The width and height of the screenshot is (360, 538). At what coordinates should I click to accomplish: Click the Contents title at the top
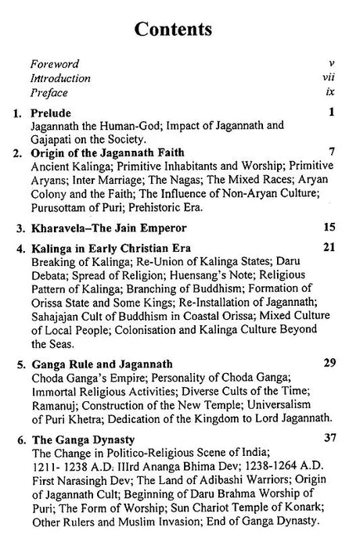(x=174, y=30)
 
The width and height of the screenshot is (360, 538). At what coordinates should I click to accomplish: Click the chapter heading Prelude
(x=48, y=112)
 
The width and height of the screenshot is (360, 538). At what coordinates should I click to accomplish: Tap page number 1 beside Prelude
(x=332, y=112)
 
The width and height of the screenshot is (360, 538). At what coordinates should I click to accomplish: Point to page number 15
(x=329, y=228)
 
